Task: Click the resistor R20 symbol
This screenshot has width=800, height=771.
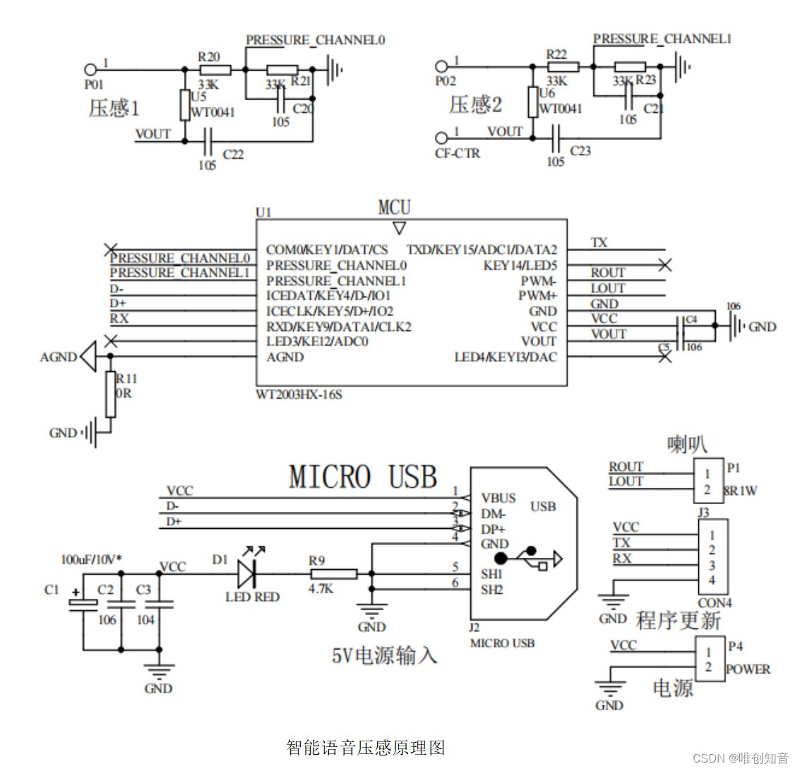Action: point(215,70)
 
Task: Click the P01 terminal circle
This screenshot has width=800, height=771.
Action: point(90,70)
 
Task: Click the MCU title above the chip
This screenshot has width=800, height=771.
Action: point(394,208)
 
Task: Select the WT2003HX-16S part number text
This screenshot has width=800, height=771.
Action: point(299,394)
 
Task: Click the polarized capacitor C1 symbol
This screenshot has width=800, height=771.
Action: point(83,605)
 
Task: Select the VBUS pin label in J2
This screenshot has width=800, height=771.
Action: point(498,498)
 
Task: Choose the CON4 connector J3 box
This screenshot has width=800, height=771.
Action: point(712,558)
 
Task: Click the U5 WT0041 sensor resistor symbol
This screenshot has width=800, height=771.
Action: point(184,106)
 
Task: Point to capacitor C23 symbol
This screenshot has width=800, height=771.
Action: point(556,138)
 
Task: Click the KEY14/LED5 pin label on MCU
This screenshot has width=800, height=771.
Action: point(520,265)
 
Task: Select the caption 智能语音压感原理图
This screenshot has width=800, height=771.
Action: point(366,747)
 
